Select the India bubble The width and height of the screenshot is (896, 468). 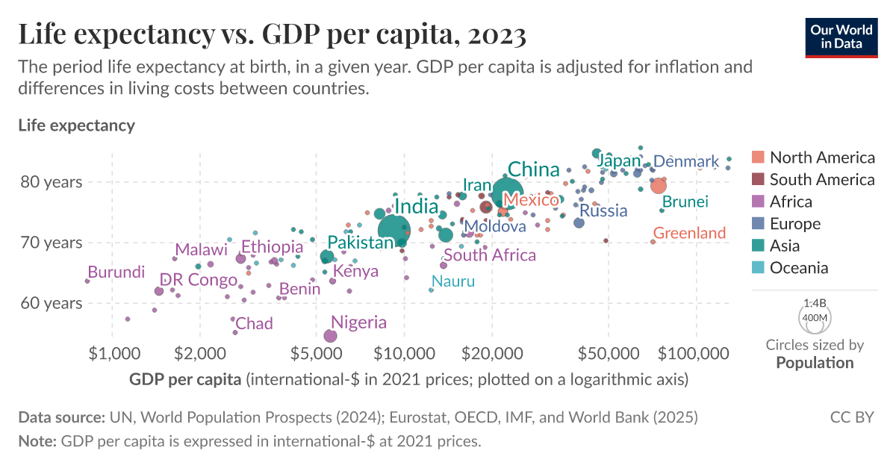[394, 230]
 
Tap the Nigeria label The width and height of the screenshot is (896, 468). [359, 322]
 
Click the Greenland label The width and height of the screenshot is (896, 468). [689, 234]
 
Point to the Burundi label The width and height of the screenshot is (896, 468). [116, 272]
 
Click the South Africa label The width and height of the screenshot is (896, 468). [490, 255]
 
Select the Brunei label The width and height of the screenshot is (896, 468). [685, 202]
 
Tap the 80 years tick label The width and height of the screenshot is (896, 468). [61, 182]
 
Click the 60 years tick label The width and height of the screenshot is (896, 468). [61, 303]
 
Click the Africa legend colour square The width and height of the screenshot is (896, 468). [758, 202]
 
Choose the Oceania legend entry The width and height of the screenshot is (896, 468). [799, 268]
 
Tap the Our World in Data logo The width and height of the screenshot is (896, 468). [841, 37]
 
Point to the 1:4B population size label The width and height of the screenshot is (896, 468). [815, 304]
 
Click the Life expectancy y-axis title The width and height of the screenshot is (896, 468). [76, 125]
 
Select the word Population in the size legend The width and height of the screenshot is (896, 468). [815, 363]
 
